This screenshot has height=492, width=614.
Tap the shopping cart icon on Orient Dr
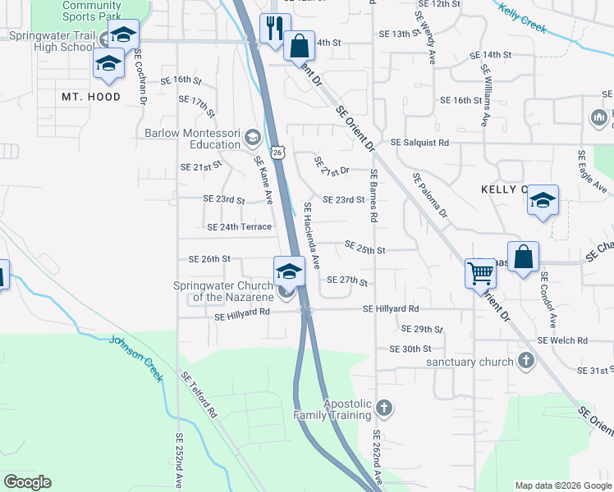coord(480,272)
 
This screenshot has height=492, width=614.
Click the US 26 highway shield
coord(278,153)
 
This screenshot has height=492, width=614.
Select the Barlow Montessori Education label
coord(193,139)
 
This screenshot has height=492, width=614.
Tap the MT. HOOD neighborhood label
coord(91,97)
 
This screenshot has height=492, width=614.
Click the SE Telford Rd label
coord(199,394)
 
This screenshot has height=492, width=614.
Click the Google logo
coord(28,482)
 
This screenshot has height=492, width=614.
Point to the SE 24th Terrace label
coord(240,227)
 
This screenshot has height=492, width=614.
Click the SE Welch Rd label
coord(562,340)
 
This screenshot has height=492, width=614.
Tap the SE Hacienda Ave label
coord(312,236)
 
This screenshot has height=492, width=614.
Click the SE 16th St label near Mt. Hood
coord(181,80)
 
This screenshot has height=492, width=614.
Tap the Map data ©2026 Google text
coord(563,485)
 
